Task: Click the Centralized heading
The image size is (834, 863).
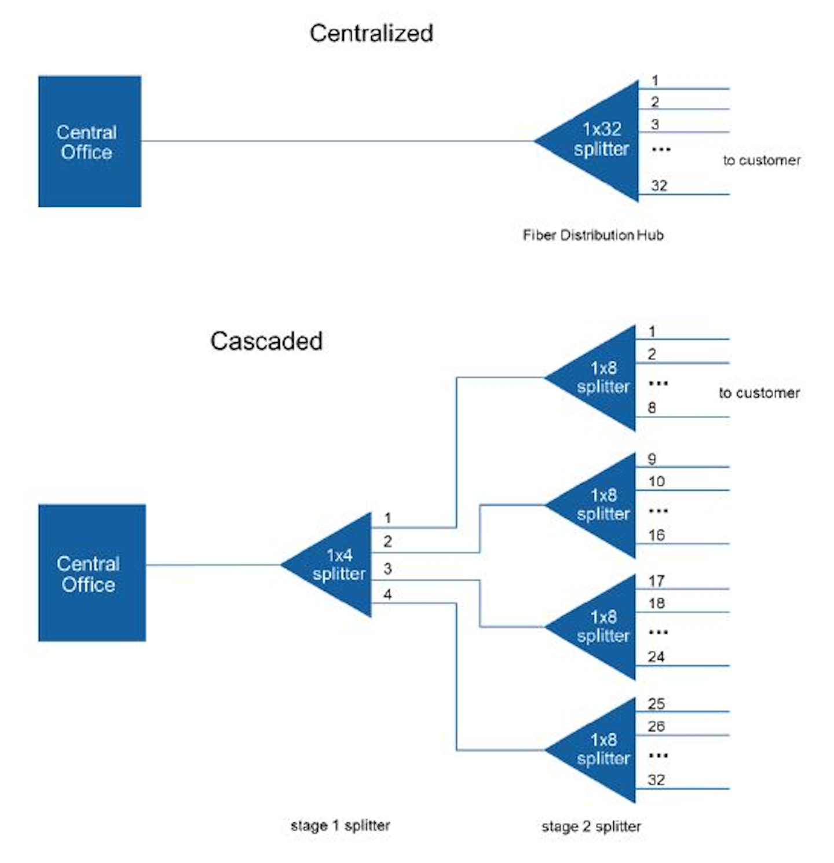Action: click(371, 33)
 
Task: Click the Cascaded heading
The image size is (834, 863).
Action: click(266, 341)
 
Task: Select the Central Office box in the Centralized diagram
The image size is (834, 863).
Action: click(89, 141)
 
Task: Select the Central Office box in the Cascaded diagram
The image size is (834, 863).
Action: click(92, 573)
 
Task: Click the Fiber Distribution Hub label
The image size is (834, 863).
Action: click(592, 235)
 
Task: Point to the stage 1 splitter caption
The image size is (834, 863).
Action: click(340, 825)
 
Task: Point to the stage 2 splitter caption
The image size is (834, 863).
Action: click(591, 827)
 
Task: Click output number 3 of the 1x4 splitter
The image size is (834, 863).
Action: click(387, 569)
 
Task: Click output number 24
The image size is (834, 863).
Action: click(656, 657)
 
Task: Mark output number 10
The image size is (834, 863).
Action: click(656, 481)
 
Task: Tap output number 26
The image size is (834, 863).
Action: click(656, 726)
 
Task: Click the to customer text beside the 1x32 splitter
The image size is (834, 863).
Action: click(761, 160)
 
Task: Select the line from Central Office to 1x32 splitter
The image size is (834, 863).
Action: click(336, 141)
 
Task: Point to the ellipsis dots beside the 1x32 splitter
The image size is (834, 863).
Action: click(661, 149)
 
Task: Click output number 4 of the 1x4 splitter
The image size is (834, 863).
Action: click(387, 594)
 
